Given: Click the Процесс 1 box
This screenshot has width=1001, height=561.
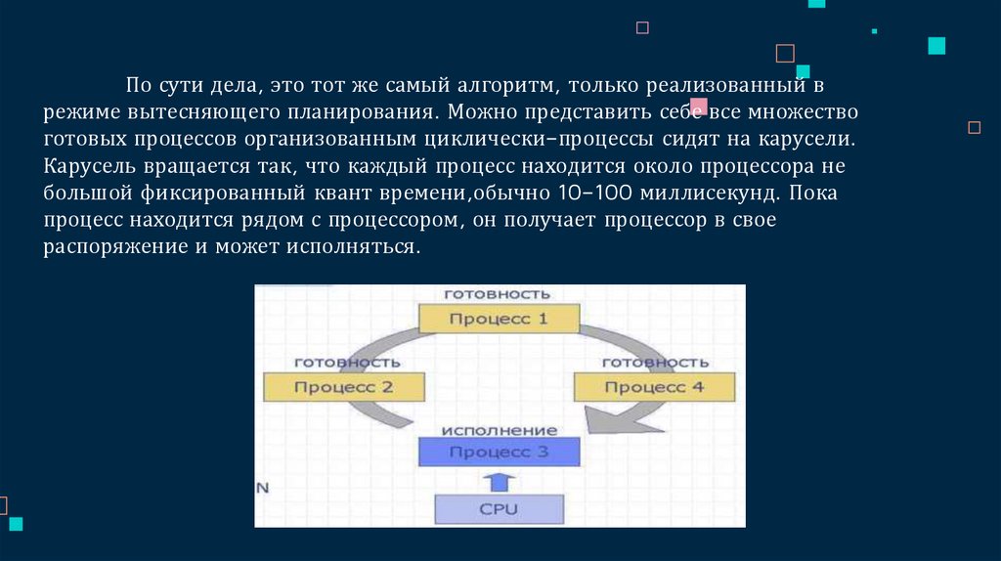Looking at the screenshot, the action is [499, 319].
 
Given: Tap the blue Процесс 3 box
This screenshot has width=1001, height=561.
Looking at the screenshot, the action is [499, 452].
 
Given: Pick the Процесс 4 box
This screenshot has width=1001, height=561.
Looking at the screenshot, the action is [654, 386].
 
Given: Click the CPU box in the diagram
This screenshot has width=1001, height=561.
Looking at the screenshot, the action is [499, 509].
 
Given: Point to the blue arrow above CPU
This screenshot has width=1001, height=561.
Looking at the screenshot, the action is [499, 481].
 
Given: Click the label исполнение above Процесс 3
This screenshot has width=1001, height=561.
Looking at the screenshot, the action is [499, 430].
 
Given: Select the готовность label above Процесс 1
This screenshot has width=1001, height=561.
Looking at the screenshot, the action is [498, 293].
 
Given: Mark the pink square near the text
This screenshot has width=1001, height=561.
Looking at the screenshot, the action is [699, 106].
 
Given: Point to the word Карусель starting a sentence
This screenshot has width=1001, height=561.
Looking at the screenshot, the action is [87, 166].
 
